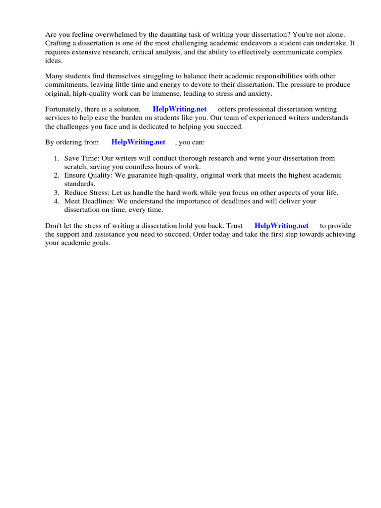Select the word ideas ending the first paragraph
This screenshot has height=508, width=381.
click(x=54, y=60)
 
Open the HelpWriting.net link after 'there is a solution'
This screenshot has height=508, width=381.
click(x=180, y=109)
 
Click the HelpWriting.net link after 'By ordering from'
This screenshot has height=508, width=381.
click(x=138, y=142)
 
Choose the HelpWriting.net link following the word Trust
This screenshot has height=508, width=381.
click(x=281, y=226)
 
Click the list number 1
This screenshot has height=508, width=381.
click(x=56, y=158)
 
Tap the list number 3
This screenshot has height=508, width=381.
click(x=56, y=192)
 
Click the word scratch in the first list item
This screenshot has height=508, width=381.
click(x=75, y=167)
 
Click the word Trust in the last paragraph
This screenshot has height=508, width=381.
click(x=234, y=226)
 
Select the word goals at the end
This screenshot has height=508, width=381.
click(x=99, y=243)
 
